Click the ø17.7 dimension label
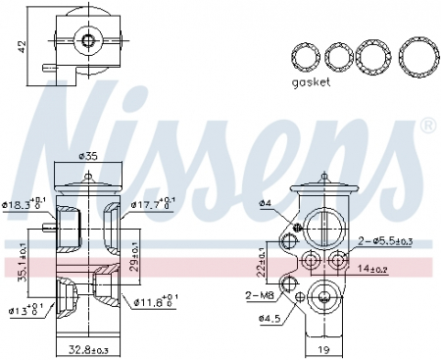click(x=153, y=205)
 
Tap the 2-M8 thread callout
click(x=258, y=294)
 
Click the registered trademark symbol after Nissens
click(x=427, y=127)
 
